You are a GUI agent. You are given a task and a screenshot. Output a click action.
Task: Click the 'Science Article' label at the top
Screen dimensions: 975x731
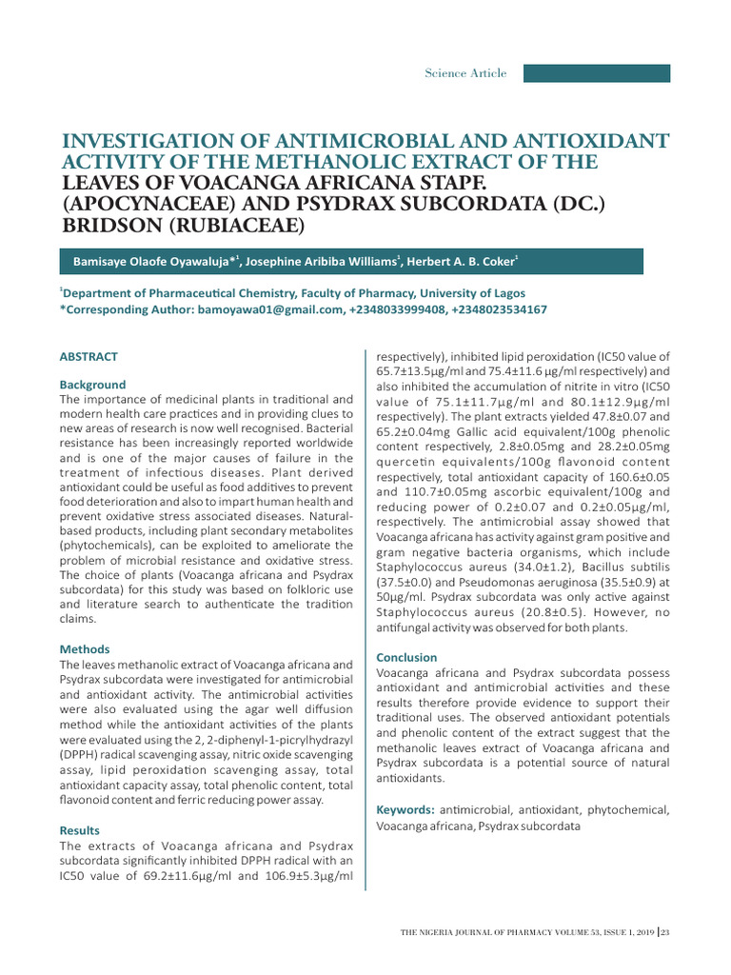465,73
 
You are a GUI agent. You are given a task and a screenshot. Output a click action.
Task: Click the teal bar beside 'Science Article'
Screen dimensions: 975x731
597,73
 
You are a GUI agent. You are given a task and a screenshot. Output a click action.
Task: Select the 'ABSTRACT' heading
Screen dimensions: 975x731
89,357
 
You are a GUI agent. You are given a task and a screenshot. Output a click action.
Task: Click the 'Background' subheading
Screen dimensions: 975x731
92,385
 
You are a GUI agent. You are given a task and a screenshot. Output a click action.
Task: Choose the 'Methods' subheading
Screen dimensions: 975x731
85,649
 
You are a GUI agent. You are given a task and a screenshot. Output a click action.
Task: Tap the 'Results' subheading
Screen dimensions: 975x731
80,831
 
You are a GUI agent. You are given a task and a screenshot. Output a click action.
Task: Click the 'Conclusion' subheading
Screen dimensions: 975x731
406,657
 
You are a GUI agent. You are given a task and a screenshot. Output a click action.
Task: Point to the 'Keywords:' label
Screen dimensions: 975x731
406,809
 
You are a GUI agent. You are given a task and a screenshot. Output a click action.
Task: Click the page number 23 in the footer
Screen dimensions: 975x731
664,931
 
